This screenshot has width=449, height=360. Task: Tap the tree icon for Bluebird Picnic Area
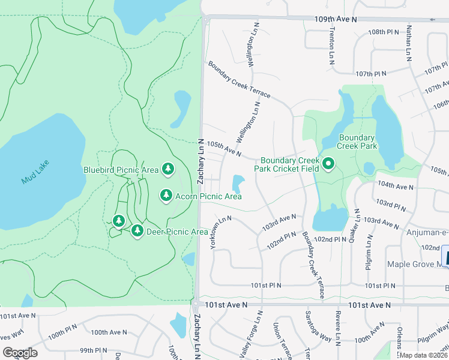click(x=168, y=170)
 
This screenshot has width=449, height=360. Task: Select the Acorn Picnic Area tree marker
click(x=166, y=196)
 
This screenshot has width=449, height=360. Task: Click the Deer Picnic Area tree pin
click(x=137, y=231)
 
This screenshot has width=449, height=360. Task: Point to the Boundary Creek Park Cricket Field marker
click(x=328, y=164)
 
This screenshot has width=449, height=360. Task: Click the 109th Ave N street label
click(x=336, y=20)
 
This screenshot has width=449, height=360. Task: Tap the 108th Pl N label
click(x=384, y=32)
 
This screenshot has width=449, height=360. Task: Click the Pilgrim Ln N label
click(x=369, y=251)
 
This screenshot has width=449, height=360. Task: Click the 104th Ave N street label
click(x=396, y=187)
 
